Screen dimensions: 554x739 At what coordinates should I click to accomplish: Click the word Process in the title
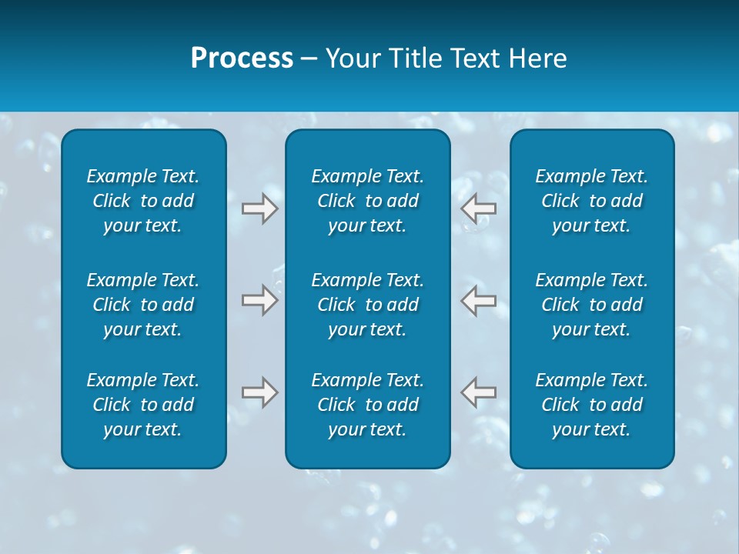tap(242, 58)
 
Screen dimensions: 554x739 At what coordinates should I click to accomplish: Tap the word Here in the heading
tap(538, 58)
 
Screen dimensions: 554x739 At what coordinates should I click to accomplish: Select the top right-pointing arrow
tap(260, 209)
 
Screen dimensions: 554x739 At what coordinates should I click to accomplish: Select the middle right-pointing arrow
tap(260, 300)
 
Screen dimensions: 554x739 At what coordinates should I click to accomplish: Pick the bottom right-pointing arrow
tap(260, 392)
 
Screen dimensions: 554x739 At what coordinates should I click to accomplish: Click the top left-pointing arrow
tap(478, 209)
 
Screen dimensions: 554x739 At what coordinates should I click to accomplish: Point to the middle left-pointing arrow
tap(478, 300)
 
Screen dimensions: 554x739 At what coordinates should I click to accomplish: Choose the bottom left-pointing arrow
tap(478, 392)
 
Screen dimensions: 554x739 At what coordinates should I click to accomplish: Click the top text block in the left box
tap(143, 201)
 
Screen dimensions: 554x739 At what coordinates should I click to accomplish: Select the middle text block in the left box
tap(143, 305)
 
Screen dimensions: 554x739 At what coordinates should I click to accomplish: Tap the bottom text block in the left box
tap(143, 405)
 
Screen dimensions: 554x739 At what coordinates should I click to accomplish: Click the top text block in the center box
tap(367, 201)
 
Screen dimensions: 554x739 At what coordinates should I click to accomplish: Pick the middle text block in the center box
tap(367, 305)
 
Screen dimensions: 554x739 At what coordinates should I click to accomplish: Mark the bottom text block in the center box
tap(367, 405)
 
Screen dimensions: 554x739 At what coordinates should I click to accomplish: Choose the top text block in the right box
tap(591, 201)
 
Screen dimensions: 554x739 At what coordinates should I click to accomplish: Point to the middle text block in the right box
tap(591, 305)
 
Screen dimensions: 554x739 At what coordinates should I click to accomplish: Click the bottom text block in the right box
tap(591, 405)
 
